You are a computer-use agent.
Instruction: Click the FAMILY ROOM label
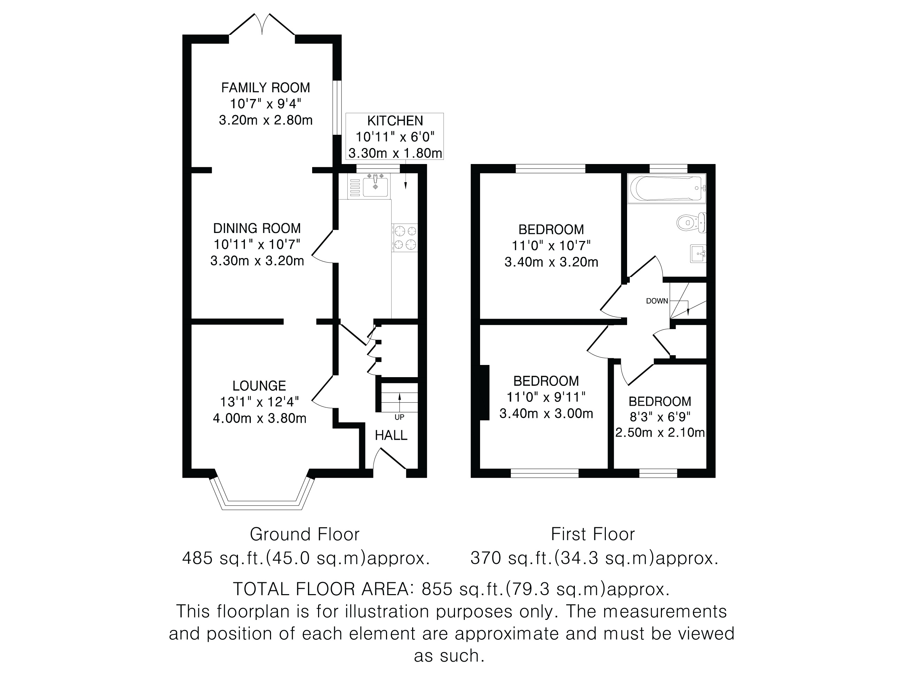[266, 88]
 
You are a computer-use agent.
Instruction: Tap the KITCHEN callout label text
[395, 121]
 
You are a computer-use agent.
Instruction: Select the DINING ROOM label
[257, 228]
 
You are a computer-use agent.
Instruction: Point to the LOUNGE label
[259, 386]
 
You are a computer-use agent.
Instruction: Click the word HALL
[391, 435]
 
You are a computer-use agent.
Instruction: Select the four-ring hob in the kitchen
[404, 238]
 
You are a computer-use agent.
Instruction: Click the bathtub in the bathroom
[667, 188]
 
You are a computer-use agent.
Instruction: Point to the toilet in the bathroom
[692, 223]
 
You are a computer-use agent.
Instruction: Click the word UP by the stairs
[399, 418]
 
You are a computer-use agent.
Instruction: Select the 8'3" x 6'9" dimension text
[660, 417]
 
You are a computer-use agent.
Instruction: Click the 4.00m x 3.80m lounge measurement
[260, 418]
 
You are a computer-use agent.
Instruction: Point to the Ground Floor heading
[304, 534]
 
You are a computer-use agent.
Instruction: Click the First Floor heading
[593, 534]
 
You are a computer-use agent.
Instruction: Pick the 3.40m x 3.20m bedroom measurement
[551, 262]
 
